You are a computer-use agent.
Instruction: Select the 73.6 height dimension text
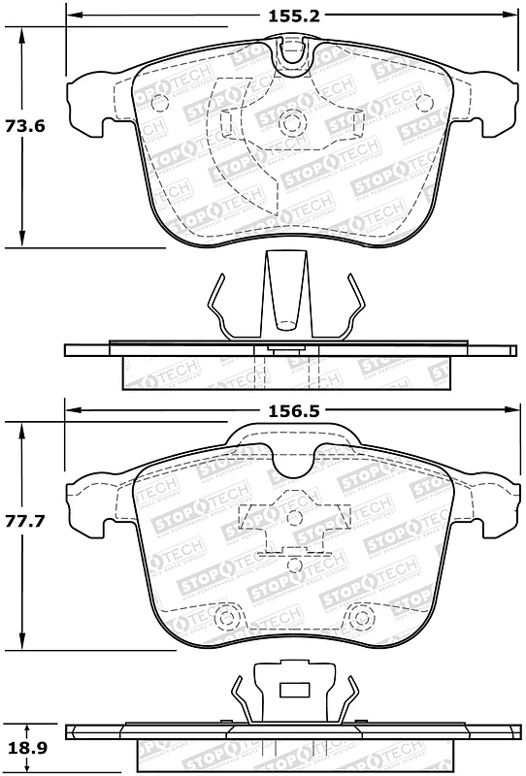(26, 126)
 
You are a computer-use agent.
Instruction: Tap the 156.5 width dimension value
(292, 410)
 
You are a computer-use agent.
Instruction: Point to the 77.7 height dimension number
(26, 521)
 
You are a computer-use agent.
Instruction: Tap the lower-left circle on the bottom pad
(228, 615)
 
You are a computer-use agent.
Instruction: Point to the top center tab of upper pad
(292, 53)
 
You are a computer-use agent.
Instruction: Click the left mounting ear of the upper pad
(87, 104)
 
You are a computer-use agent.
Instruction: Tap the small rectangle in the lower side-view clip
(292, 692)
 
